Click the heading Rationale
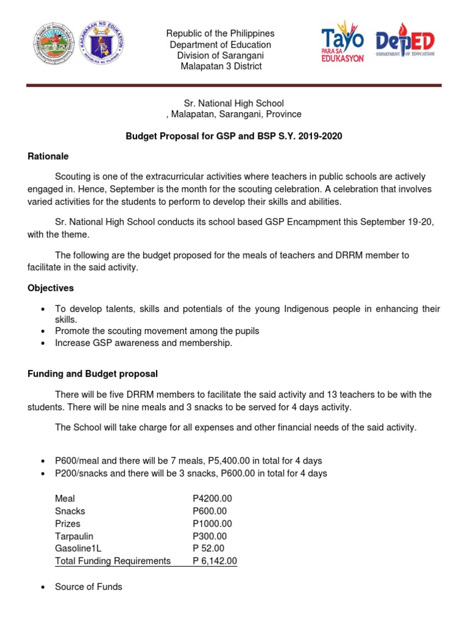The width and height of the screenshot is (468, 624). pos(48,156)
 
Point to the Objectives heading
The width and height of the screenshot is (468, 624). pos(51,287)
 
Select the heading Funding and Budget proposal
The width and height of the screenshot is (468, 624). pos(93,374)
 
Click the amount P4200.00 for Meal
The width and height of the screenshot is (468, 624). pos(212,498)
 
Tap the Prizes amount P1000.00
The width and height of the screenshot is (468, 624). pos(212,523)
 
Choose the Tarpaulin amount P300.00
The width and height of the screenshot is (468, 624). pos(209,536)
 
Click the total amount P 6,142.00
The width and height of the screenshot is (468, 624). pos(214,561)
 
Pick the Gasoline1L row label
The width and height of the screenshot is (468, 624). pos(78,548)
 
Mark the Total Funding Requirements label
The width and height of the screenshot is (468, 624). pos(113,561)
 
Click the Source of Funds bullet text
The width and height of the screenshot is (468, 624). pos(88,587)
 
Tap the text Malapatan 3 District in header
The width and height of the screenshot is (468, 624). pos(221,66)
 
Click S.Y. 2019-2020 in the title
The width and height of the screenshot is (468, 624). pos(314,136)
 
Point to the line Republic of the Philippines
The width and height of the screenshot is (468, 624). pos(221,34)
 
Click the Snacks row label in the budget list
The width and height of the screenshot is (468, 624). pos(70,511)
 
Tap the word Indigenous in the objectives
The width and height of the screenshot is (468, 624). pos(312,309)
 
